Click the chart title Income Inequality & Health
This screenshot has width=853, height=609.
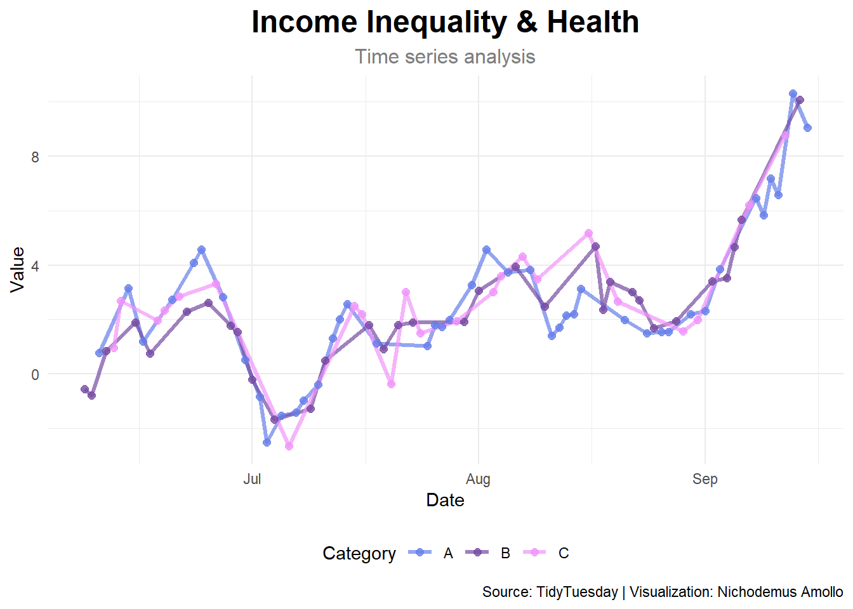click(445, 22)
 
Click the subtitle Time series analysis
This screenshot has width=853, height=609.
click(445, 56)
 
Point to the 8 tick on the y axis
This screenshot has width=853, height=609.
click(36, 157)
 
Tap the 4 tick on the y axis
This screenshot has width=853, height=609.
click(36, 266)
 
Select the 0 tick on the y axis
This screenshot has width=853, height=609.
click(36, 374)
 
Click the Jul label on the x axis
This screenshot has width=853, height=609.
click(252, 479)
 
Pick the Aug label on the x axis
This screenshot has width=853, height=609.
click(478, 479)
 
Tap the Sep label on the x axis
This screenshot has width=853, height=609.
click(704, 479)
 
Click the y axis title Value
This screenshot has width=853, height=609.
click(18, 270)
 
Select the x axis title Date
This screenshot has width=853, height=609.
click(445, 500)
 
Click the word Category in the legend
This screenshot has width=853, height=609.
click(359, 553)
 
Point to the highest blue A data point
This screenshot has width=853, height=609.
click(793, 93)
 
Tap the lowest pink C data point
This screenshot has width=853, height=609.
click(289, 447)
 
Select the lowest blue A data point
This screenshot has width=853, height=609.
click(267, 442)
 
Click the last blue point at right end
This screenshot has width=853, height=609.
click(807, 128)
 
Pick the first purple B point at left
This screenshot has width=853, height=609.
click(84, 389)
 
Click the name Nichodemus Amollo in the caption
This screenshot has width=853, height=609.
click(780, 592)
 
